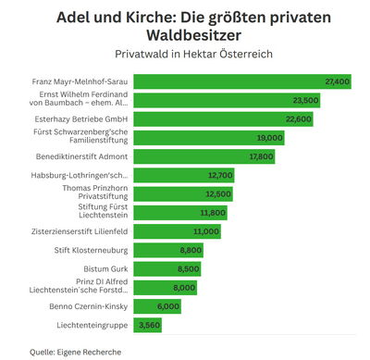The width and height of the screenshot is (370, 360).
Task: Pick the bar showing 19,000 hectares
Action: coord(209,138)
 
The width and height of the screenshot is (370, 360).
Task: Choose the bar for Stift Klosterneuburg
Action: coord(168,250)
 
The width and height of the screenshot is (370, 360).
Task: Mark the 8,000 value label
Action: coord(184,287)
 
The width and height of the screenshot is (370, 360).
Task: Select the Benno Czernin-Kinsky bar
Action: coord(157,305)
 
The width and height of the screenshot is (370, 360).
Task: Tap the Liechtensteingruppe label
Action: coord(92,325)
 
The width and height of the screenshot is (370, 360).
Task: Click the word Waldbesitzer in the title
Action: coord(185,35)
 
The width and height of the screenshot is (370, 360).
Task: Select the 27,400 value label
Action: coord(337,81)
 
